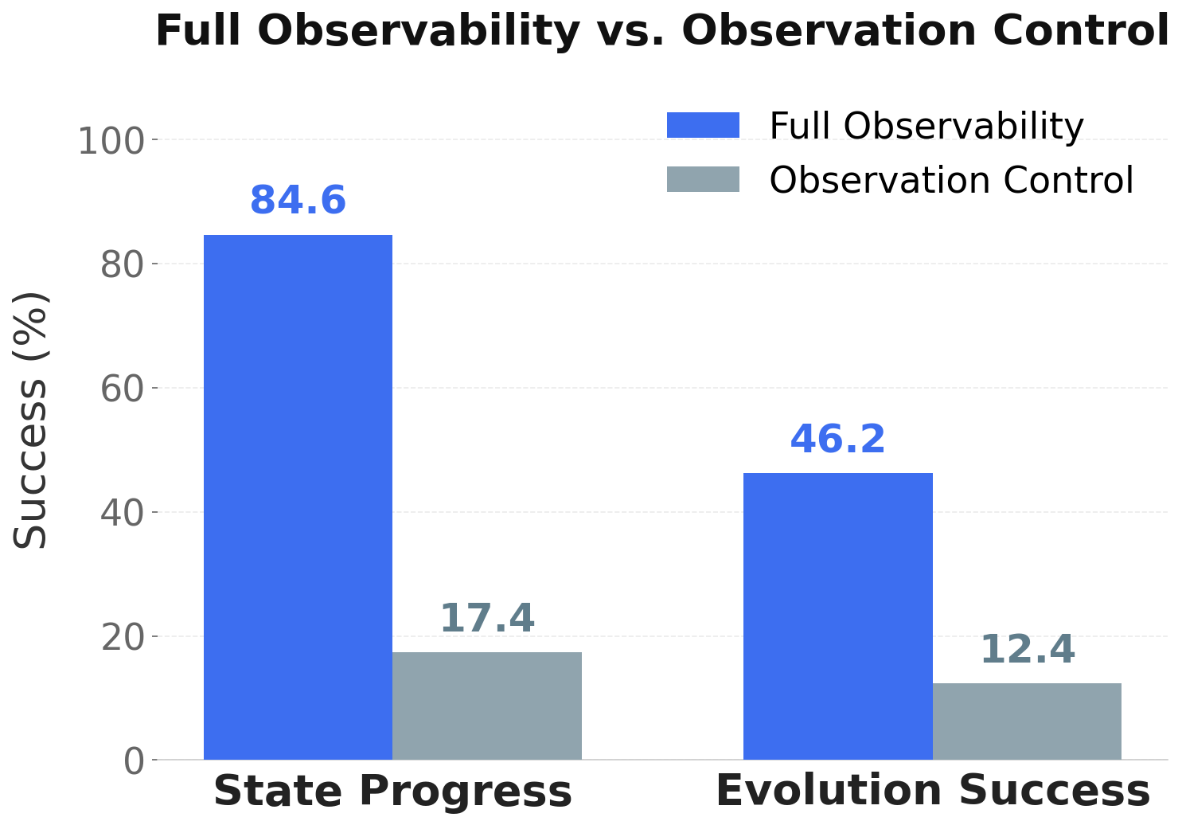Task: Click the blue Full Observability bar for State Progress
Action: (x=298, y=497)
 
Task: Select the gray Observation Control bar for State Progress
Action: (x=486, y=706)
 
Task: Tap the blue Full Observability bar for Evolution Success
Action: (x=837, y=616)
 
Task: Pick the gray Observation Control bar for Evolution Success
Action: (x=1027, y=721)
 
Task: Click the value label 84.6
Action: (x=298, y=201)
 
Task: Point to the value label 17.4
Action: (x=487, y=619)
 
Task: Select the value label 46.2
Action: (x=837, y=440)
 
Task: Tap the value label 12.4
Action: (x=1027, y=650)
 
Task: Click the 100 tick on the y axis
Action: (x=111, y=142)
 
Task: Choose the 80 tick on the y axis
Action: (x=122, y=264)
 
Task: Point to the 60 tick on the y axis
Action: (x=122, y=389)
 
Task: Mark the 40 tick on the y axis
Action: (x=122, y=512)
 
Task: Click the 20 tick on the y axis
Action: (x=122, y=637)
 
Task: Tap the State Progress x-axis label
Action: (x=392, y=792)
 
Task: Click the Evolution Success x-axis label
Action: (x=932, y=792)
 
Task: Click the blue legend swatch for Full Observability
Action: (x=703, y=126)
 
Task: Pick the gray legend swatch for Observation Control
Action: (x=703, y=180)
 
